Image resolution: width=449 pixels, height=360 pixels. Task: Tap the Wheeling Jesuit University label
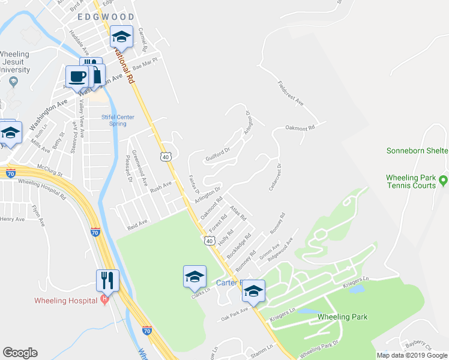click(14, 62)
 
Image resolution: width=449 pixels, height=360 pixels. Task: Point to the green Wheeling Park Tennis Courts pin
click(443, 179)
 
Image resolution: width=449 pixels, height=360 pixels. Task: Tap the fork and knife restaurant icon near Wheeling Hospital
click(107, 280)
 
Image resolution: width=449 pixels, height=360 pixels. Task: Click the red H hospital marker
click(105, 299)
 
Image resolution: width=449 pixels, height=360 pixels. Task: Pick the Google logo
click(20, 353)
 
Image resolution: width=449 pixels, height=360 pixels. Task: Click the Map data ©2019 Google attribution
click(412, 355)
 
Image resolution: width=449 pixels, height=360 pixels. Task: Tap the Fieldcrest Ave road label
click(291, 93)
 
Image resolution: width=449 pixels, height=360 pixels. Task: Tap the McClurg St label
click(49, 167)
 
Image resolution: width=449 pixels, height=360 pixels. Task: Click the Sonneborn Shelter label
click(417, 151)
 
